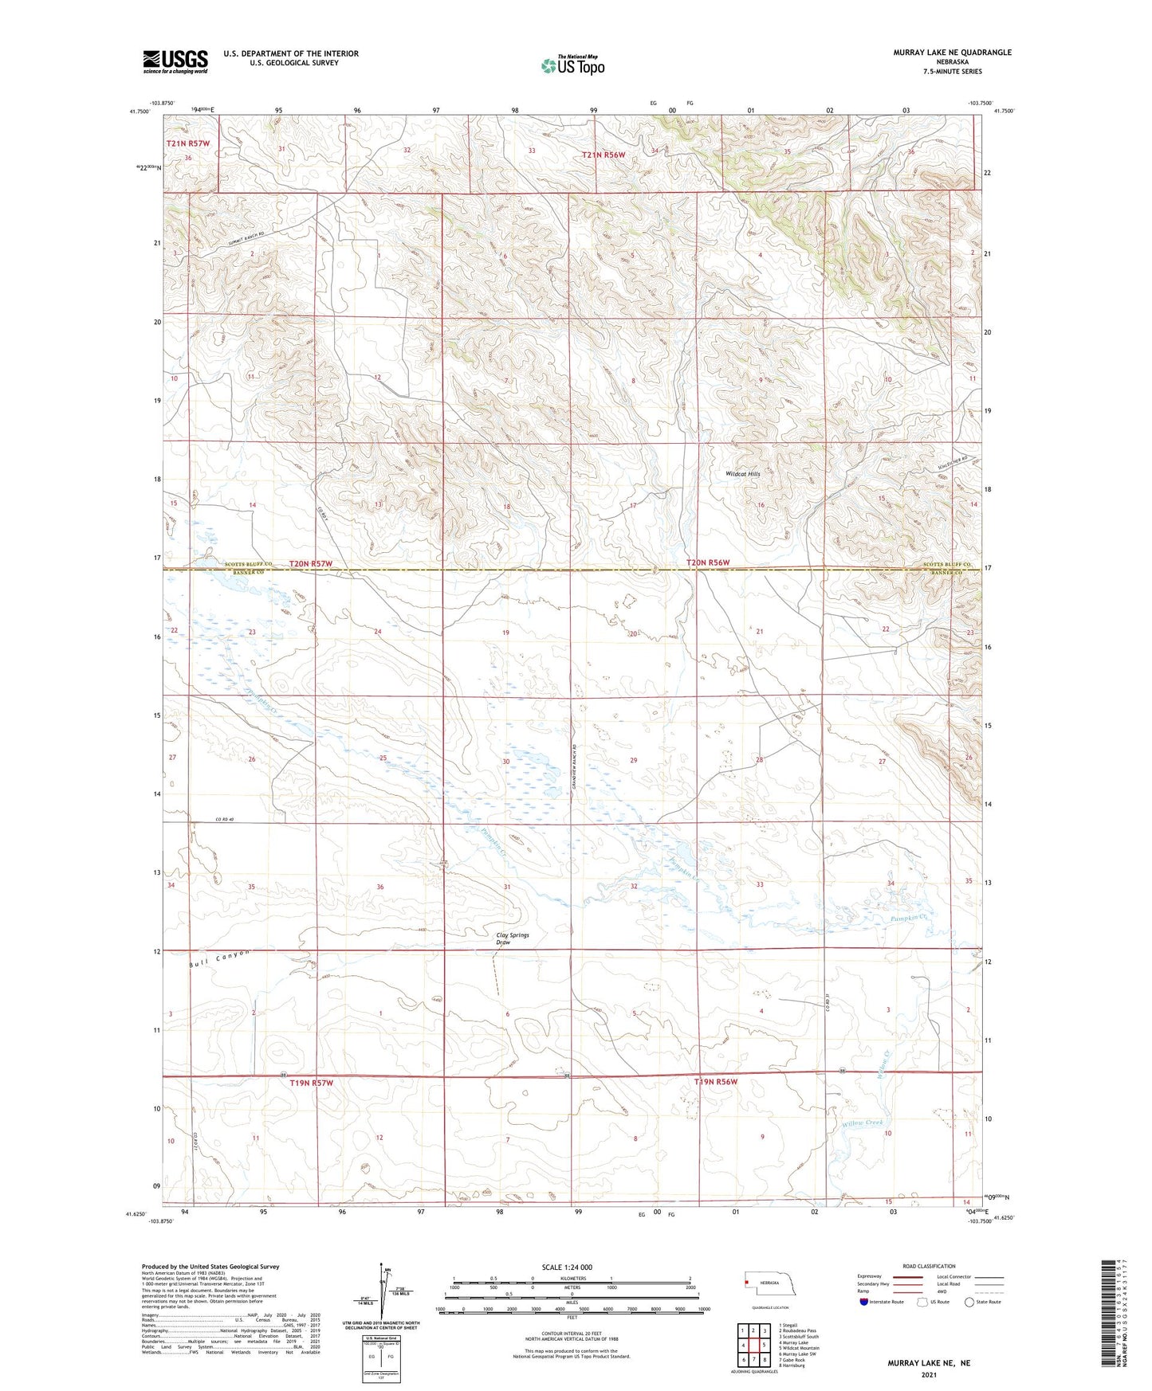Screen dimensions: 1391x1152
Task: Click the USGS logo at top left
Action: tap(175, 61)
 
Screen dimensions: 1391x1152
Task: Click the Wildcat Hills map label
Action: tap(742, 474)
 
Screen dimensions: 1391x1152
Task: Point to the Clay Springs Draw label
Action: tap(513, 938)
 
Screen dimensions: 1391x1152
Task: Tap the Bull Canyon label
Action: tap(219, 958)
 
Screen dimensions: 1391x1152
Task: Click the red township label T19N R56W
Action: tap(715, 1082)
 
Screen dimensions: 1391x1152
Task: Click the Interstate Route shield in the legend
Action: tap(865, 1302)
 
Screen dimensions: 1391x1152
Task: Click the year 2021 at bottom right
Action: tap(928, 1374)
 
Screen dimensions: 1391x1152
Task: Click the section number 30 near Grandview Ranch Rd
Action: tap(505, 762)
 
